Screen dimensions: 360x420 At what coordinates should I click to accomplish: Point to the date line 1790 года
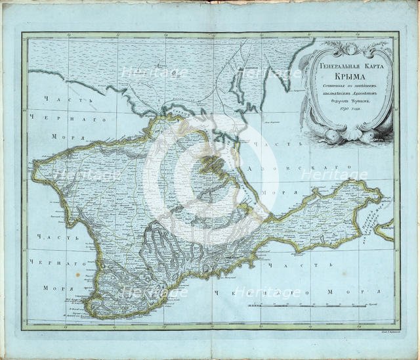click(x=346, y=116)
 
